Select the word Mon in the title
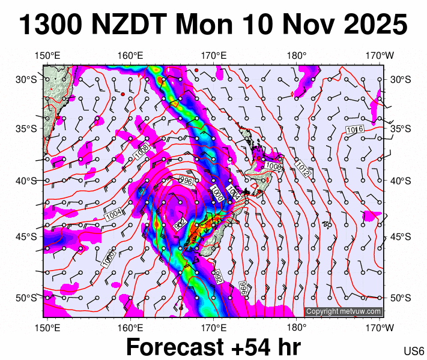tap(208, 26)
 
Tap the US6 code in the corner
tap(414, 351)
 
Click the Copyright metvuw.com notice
tap(344, 311)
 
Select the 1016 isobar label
tap(356, 130)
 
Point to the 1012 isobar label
tap(302, 170)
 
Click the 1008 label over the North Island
tap(274, 166)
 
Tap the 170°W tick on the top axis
tap(380, 56)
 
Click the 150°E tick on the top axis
tap(47, 56)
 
